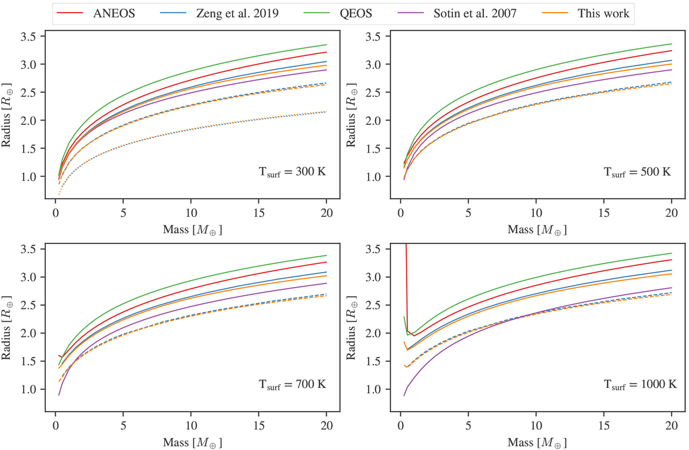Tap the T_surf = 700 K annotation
coord(291,384)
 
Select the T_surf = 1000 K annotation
coord(633,384)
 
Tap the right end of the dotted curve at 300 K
coord(326,112)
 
